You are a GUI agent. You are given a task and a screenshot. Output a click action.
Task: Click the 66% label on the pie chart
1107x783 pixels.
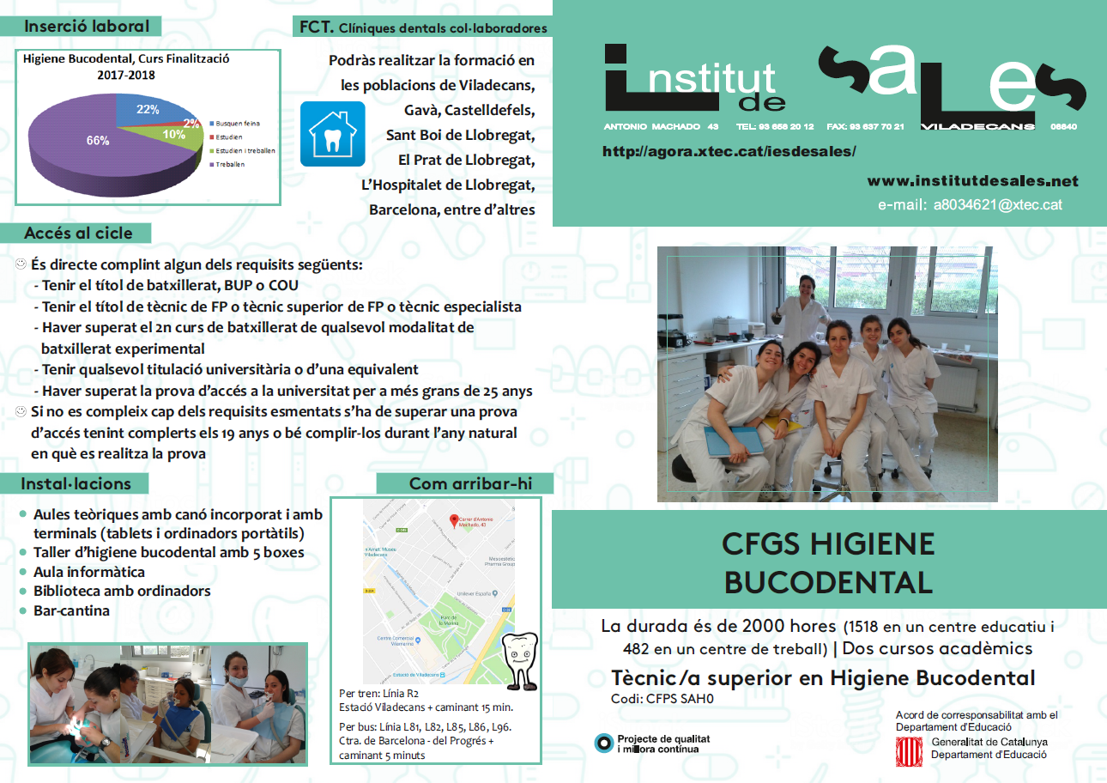pyautogui.click(x=97, y=140)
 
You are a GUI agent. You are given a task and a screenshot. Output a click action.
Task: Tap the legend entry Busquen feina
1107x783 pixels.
pyautogui.click(x=238, y=123)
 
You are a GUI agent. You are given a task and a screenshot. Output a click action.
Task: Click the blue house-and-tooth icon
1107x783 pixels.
pyautogui.click(x=332, y=134)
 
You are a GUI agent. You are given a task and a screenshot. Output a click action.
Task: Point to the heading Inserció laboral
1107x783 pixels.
pyautogui.click(x=87, y=27)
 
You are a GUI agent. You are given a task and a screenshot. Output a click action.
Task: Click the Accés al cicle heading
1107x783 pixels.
pyautogui.click(x=78, y=233)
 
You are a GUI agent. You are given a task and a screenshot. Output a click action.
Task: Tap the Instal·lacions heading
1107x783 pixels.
pyautogui.click(x=76, y=483)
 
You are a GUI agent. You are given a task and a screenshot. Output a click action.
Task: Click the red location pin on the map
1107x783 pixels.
pyautogui.click(x=456, y=520)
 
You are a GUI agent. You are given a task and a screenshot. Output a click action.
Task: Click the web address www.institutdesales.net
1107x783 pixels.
pyautogui.click(x=972, y=181)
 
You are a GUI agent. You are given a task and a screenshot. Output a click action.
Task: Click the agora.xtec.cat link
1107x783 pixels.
pyautogui.click(x=729, y=152)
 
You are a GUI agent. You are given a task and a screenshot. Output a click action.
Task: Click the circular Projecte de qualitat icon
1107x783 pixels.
pyautogui.click(x=604, y=744)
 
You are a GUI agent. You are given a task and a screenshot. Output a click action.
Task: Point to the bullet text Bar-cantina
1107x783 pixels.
pyautogui.click(x=71, y=610)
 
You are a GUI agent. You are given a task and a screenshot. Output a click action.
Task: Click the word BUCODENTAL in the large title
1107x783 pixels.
pyautogui.click(x=828, y=582)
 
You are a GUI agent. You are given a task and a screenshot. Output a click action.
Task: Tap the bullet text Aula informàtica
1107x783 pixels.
pyautogui.click(x=88, y=572)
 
